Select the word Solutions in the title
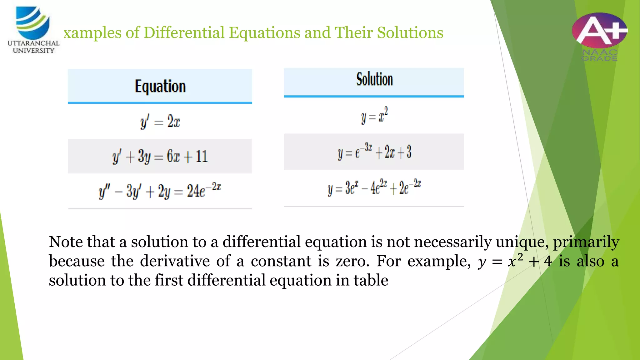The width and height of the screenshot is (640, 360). coord(410,32)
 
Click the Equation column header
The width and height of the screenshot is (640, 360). coord(160,86)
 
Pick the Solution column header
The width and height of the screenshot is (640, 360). coord(374,79)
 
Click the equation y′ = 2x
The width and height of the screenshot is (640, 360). coord(160,122)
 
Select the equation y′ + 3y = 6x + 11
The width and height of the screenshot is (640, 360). coord(160,156)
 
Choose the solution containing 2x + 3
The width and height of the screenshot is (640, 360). coord(374,152)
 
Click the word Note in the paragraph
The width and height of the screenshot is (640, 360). coord(65,242)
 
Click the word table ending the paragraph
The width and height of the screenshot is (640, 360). coord(371,280)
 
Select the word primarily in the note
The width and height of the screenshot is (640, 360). coord(586,242)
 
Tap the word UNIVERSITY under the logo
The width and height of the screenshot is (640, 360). coord(33,51)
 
